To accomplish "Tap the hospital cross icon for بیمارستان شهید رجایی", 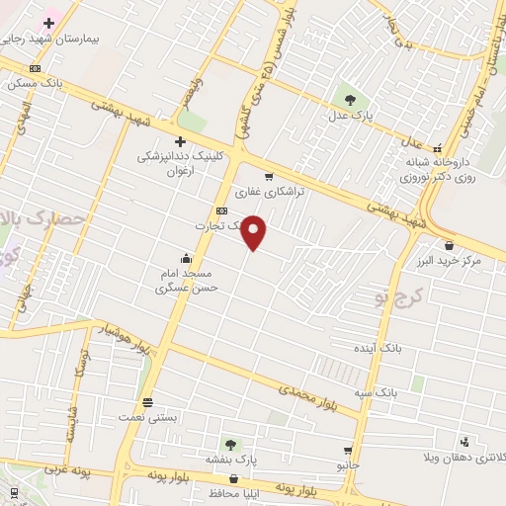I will click(x=48, y=22).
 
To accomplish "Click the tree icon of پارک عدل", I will click(x=349, y=99).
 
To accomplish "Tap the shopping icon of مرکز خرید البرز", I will click(x=450, y=244).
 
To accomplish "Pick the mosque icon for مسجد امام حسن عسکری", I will click(x=185, y=259).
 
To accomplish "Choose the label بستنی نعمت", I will click(x=151, y=418).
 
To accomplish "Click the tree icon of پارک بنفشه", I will click(x=230, y=445).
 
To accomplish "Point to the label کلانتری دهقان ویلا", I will click(x=454, y=458).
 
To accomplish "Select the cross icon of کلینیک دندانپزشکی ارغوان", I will click(x=180, y=141).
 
